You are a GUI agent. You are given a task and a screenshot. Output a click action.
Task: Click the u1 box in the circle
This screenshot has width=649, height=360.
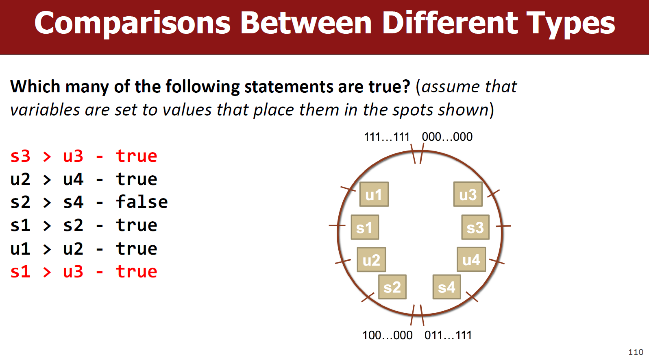374,194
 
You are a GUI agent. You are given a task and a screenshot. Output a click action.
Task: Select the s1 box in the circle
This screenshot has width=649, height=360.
365,227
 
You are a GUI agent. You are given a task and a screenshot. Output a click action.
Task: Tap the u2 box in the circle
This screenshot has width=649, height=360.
371,260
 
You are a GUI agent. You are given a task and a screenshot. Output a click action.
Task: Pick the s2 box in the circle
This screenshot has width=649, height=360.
392,287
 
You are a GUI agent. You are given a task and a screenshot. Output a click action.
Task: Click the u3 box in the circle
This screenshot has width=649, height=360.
468,194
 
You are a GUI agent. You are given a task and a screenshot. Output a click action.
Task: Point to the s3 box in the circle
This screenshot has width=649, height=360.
475,227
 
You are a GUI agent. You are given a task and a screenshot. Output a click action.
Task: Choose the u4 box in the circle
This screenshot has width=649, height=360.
471,260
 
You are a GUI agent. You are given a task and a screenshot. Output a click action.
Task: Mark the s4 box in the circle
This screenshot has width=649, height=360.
447,287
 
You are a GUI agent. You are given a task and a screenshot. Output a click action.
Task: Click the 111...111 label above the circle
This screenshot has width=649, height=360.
386,137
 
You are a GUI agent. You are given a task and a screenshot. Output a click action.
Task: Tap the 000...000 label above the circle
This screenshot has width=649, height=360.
447,137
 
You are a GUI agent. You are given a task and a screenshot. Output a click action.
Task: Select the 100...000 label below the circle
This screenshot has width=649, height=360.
388,335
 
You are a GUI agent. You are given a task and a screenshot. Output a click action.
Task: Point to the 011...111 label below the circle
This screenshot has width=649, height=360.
448,335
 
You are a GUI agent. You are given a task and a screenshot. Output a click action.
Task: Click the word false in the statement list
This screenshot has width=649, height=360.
142,202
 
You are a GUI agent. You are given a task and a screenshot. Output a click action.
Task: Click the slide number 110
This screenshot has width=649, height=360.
636,352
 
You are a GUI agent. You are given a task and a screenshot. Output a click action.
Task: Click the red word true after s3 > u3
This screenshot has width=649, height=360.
137,156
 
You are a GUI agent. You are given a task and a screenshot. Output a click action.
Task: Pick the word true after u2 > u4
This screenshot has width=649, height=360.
137,179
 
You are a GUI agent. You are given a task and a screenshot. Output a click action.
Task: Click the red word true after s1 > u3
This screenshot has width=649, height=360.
137,272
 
